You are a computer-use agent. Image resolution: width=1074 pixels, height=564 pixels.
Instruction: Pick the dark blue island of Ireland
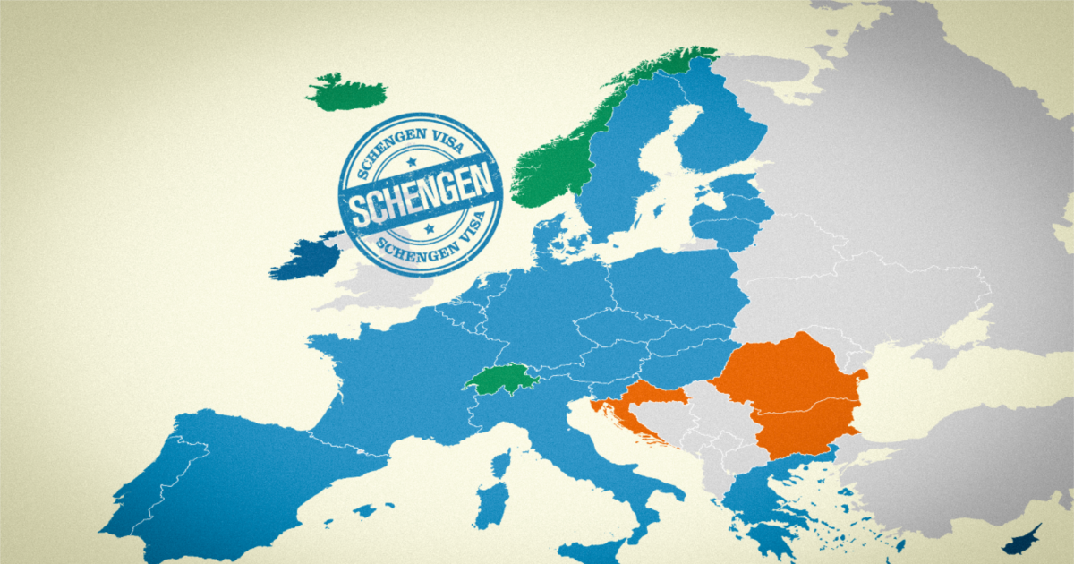(304, 259)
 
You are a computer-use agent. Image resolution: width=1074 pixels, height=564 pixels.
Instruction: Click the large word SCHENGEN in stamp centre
(421, 199)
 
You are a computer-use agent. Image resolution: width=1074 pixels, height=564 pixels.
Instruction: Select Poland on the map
(680, 286)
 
